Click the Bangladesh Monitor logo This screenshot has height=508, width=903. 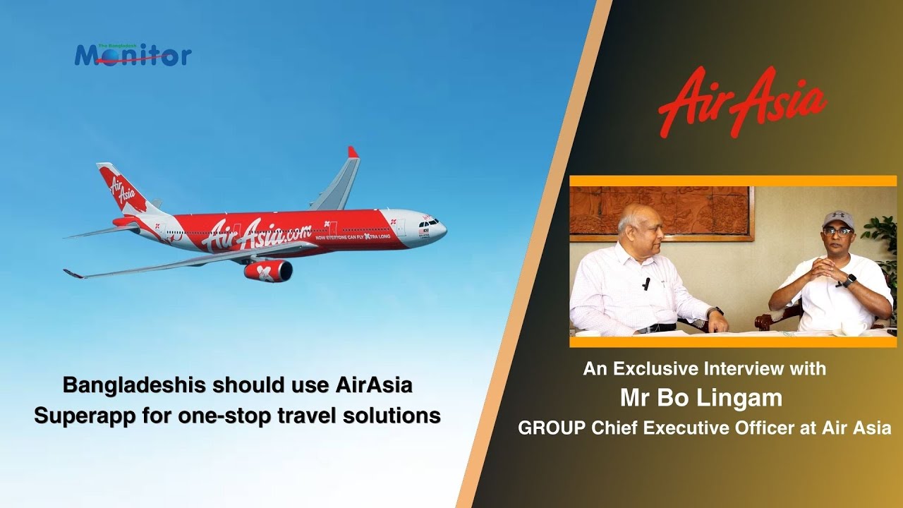click(133, 54)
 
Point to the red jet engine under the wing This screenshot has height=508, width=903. click(268, 271)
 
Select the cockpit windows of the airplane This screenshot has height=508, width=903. click(431, 222)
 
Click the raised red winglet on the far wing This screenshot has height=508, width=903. click(352, 152)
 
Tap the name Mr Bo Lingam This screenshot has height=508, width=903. click(701, 398)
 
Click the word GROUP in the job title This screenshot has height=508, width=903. click(547, 428)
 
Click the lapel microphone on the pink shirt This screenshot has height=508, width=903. click(646, 284)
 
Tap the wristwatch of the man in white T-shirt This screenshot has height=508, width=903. click(850, 280)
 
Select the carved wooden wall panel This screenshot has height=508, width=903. click(660, 210)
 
